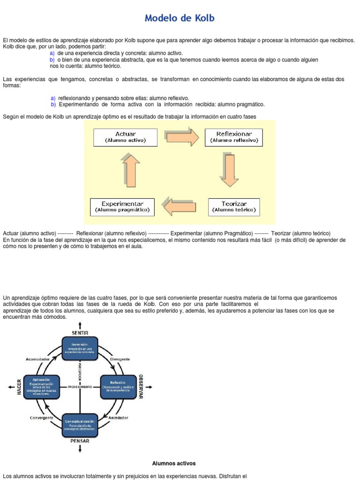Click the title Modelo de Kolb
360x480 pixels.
coord(180,18)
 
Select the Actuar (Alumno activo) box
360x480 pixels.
coord(125,137)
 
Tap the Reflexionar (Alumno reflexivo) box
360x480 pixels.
coord(234,137)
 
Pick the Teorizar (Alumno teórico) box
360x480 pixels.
coord(234,207)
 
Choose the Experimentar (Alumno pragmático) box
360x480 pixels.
coord(122,207)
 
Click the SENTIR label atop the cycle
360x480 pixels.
coord(80,333)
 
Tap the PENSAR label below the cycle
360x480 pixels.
coord(80,441)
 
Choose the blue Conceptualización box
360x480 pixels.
coord(80,425)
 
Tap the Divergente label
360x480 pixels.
coord(120,360)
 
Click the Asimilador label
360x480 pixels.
coord(118,417)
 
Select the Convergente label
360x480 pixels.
coord(41,417)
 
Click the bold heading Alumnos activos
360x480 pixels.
coord(173,463)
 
